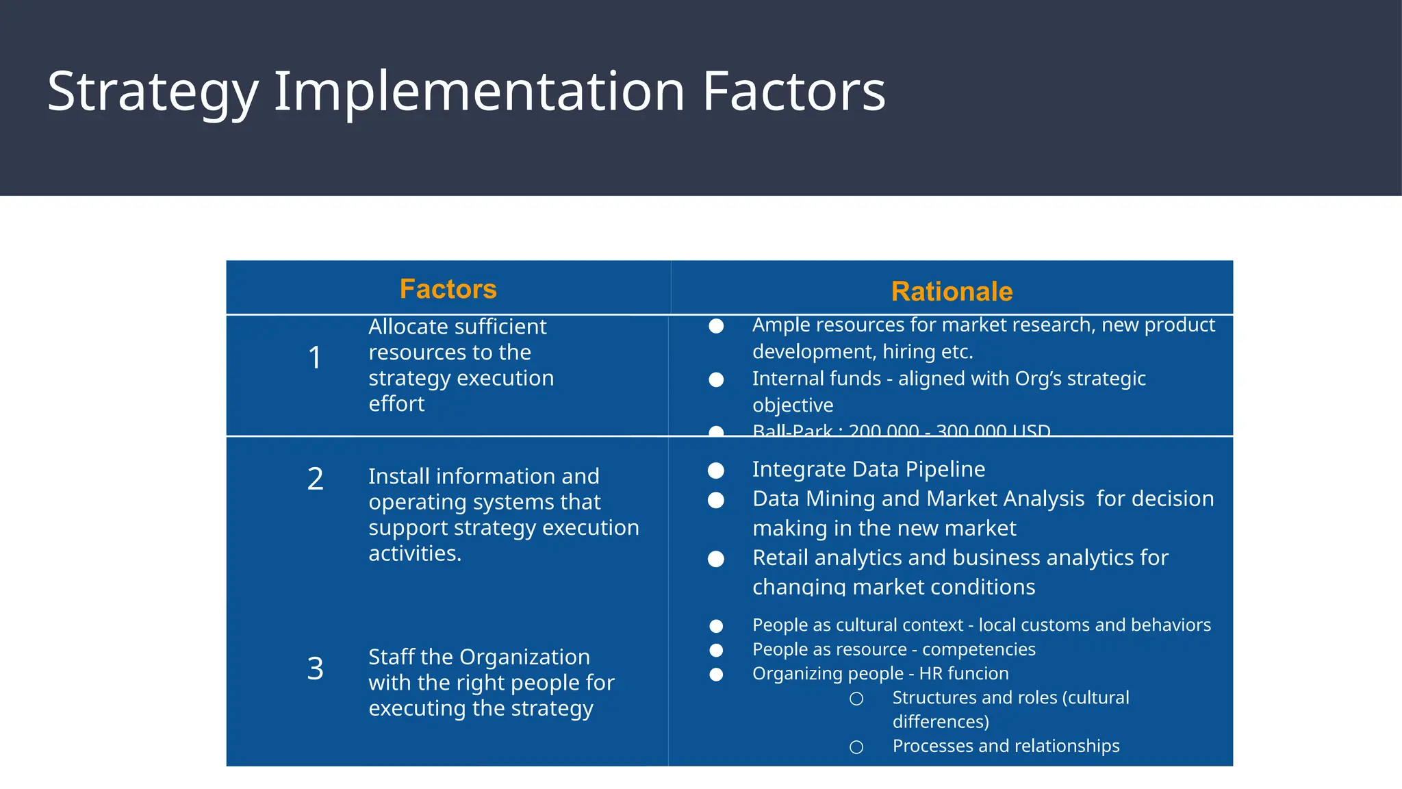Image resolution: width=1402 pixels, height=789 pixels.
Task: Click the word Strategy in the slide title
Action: (153, 92)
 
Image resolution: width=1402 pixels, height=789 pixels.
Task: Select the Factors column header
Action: (448, 289)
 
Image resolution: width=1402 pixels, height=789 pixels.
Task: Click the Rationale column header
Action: (952, 292)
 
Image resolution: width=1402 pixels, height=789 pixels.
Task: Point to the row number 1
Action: (315, 358)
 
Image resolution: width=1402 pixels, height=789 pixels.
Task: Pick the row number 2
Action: (315, 479)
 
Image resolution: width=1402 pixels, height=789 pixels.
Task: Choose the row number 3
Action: (315, 668)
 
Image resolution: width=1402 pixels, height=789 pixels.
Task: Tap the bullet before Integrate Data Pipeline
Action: (716, 471)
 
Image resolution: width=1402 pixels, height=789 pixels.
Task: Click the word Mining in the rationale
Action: (841, 499)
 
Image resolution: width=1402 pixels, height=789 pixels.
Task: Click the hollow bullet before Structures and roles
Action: (856, 699)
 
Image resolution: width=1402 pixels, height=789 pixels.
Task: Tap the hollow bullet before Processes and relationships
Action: (856, 747)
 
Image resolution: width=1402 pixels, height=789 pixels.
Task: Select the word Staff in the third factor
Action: (390, 657)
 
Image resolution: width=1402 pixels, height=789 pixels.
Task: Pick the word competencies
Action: (979, 649)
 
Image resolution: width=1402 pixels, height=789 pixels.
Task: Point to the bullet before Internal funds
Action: (716, 379)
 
